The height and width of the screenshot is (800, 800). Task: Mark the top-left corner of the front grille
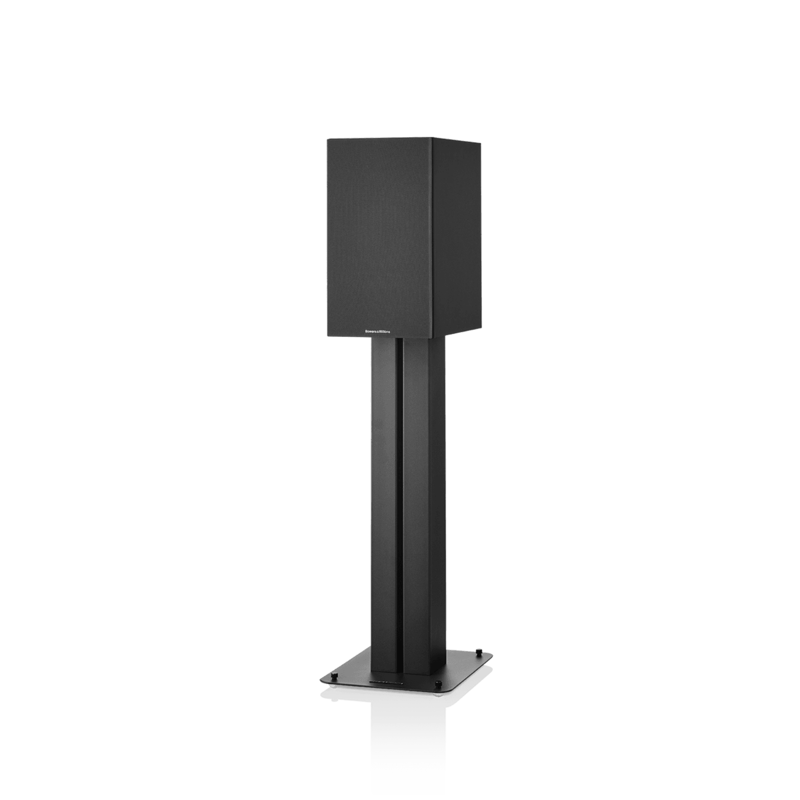[x=327, y=139]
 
